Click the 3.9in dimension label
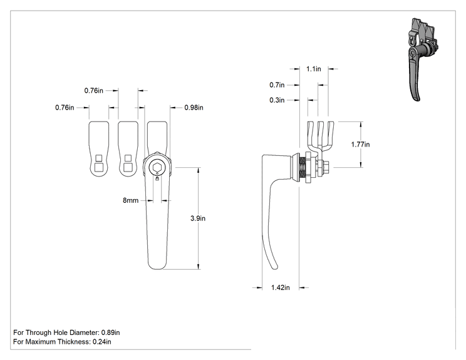click(198, 219)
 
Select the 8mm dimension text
click(131, 200)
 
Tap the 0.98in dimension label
click(194, 108)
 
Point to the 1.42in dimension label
click(280, 287)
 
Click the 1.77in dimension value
click(361, 145)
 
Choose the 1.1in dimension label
click(314, 69)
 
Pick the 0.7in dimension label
click(277, 85)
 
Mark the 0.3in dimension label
click(277, 100)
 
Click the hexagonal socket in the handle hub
click(157, 168)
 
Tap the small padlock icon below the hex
click(157, 178)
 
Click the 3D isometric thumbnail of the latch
click(422, 59)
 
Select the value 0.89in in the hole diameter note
click(111, 332)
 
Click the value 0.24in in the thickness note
click(102, 342)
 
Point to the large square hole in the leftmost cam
click(99, 167)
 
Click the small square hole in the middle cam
click(128, 158)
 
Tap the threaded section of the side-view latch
click(303, 168)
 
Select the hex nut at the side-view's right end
click(325, 168)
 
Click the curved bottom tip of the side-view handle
click(274, 267)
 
